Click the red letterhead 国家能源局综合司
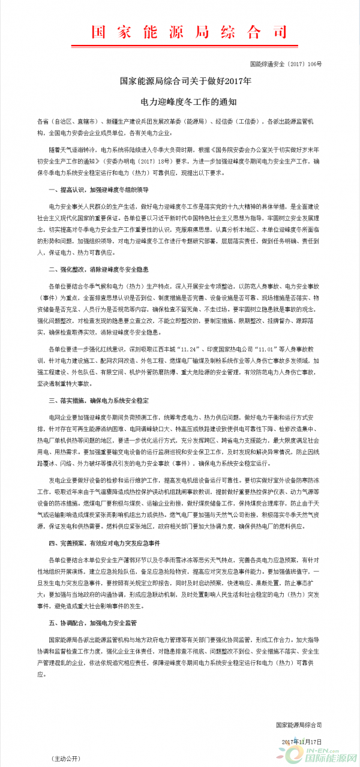coord(180,31)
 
